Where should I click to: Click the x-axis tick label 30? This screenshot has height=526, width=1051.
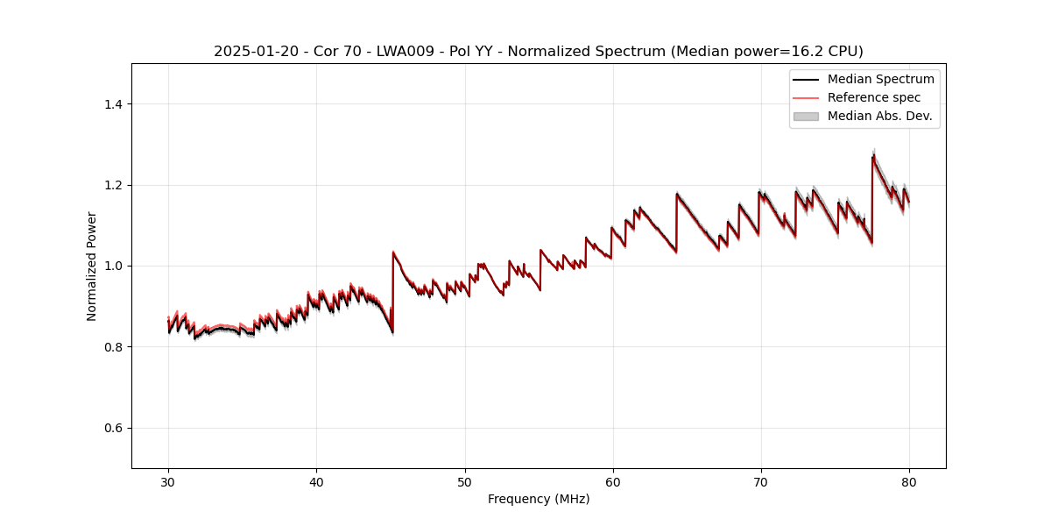[168, 481]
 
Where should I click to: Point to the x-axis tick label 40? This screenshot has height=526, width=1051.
[316, 481]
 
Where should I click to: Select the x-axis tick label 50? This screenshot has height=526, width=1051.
[465, 481]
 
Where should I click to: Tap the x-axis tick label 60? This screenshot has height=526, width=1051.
[613, 481]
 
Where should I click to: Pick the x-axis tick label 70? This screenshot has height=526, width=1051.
[761, 481]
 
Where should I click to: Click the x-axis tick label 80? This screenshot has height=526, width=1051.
[909, 481]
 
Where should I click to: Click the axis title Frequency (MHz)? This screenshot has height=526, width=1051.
[539, 499]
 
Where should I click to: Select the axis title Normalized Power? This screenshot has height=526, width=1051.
[92, 266]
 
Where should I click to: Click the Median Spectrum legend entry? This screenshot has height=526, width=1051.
[880, 80]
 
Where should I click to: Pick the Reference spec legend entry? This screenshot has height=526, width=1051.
[873, 97]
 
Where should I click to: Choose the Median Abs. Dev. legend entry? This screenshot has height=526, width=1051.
[879, 116]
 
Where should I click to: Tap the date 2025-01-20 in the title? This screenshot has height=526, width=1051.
[250, 52]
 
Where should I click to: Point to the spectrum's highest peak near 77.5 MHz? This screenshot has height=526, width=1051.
[873, 156]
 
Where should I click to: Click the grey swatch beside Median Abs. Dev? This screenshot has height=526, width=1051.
[806, 116]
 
